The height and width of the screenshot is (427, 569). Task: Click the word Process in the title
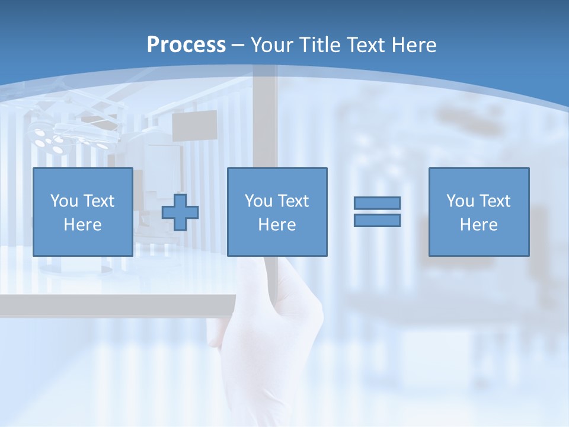pos(186,44)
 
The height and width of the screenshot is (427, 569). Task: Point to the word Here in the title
pos(413,44)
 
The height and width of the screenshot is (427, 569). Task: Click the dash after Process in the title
pos(238,46)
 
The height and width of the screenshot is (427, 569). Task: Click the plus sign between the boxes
pos(180,212)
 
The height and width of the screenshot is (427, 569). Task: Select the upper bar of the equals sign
pos(377,203)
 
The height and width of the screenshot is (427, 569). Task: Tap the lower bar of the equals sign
pos(377,220)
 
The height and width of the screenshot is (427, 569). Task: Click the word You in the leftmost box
pos(64,201)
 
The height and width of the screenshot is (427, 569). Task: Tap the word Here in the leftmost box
pos(82,225)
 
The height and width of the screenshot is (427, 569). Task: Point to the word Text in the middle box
pos(294,201)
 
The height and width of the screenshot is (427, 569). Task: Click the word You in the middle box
pos(258,201)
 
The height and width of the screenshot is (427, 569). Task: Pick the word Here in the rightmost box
pos(478,225)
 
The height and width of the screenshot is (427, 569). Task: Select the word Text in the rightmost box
pos(496,201)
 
